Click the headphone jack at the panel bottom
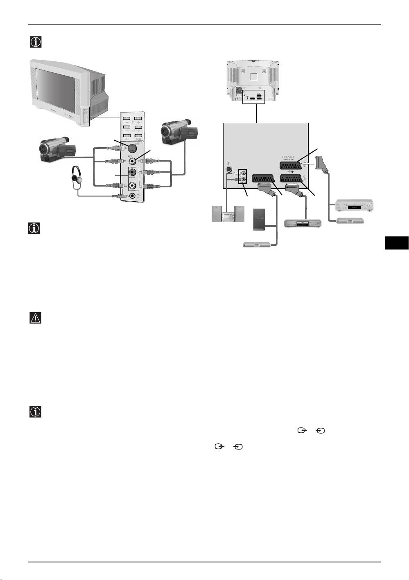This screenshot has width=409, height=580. point(132,196)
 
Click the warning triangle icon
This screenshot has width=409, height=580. point(36,318)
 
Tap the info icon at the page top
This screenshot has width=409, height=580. point(36,42)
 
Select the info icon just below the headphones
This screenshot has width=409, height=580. point(34,228)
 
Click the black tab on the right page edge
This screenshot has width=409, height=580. point(397,243)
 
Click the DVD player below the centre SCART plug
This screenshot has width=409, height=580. point(303,224)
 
